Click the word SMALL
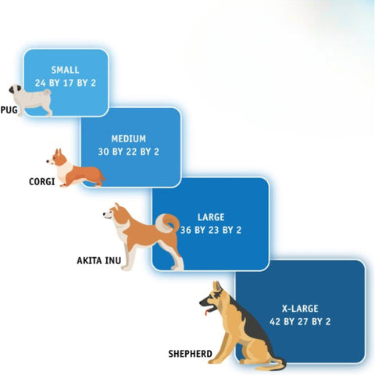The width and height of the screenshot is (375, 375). [65, 70]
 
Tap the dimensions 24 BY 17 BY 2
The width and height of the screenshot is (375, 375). [66, 83]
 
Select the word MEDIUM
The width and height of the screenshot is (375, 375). [129, 138]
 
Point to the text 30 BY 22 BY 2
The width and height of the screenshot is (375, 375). [128, 152]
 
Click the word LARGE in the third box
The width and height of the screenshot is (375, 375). [211, 217]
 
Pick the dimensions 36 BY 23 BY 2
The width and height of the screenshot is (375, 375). [211, 230]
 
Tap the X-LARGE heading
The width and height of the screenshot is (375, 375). [300, 309]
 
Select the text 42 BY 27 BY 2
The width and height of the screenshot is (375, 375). [300, 322]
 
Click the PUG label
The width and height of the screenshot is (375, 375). [9, 110]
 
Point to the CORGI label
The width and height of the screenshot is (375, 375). [41, 181]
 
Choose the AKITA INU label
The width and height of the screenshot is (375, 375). [99, 260]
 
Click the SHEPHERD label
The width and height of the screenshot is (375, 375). [190, 354]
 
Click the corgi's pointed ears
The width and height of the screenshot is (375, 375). [59, 152]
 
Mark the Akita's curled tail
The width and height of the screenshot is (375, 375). [167, 223]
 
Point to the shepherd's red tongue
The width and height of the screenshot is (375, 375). [206, 312]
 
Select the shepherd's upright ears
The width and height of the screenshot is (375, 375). [217, 287]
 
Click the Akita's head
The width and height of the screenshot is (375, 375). [112, 212]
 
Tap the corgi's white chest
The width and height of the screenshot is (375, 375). [63, 170]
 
